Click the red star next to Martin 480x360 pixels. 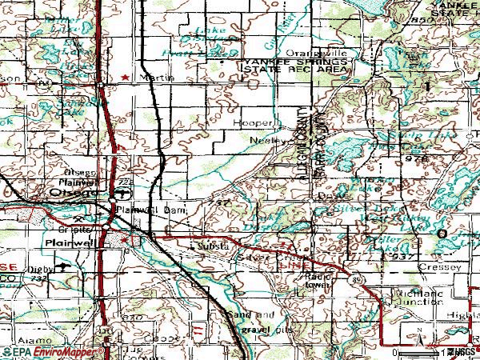pyautogui.click(x=124, y=77)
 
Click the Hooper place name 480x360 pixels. pyautogui.click(x=251, y=123)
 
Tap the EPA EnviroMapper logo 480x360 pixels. pyautogui.click(x=36, y=351)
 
